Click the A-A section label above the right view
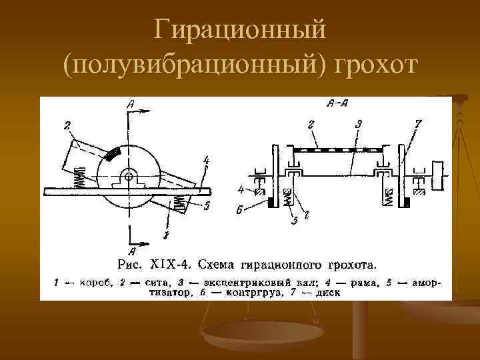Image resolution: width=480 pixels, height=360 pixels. (x=336, y=104)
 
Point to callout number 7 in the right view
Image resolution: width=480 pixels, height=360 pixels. (x=417, y=124)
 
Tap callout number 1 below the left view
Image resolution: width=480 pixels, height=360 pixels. (x=166, y=235)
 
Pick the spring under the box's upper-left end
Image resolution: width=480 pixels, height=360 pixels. (x=78, y=177)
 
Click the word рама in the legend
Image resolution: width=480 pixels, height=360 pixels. (x=363, y=282)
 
